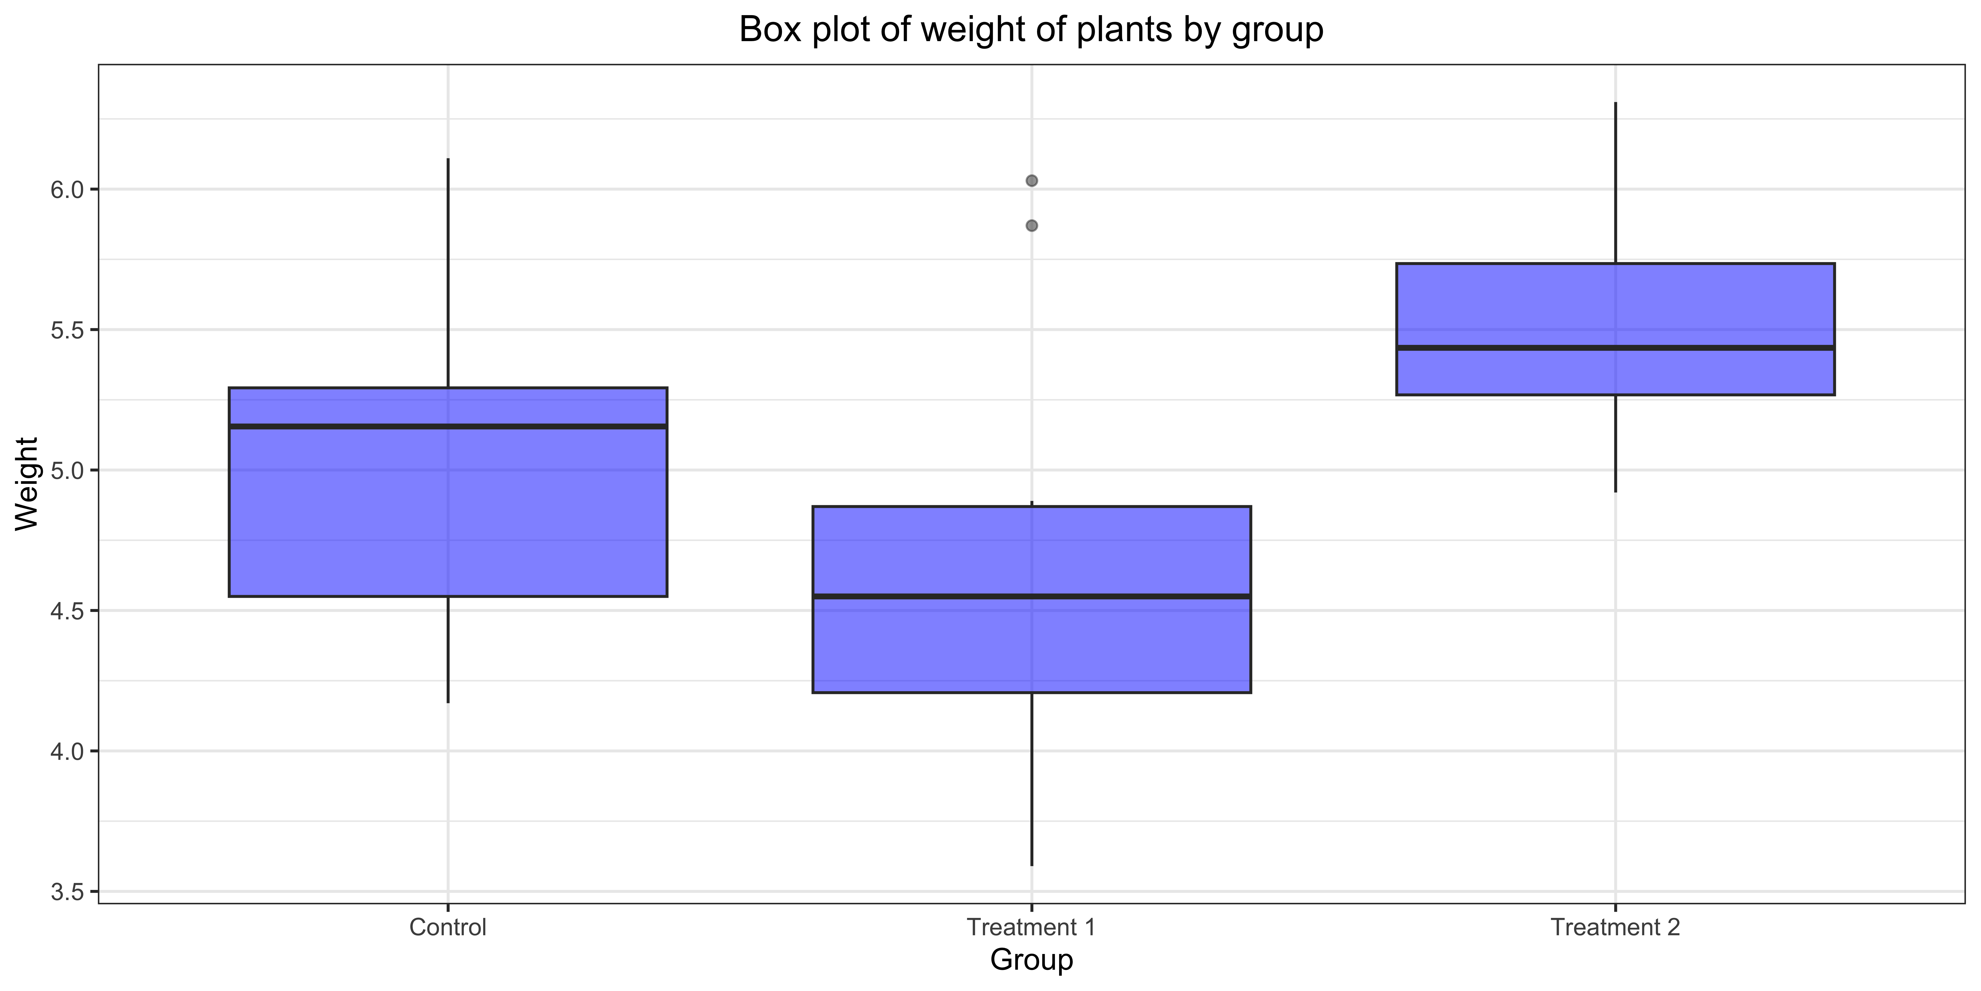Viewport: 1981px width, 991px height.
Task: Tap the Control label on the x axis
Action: click(447, 927)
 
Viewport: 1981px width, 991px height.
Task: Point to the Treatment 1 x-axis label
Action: click(1031, 927)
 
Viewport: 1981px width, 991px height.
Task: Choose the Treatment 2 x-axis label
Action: click(1615, 927)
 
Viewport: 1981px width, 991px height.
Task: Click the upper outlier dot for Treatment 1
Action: click(1032, 181)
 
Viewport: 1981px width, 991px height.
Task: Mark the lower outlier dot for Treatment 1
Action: click(1032, 225)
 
